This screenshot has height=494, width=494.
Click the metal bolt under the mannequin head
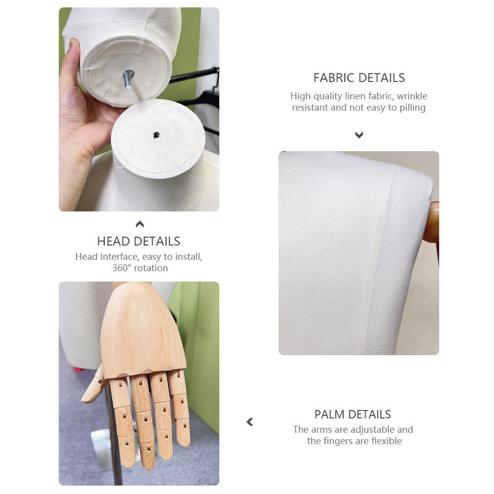(x=128, y=80)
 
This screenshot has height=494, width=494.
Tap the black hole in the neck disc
(x=157, y=135)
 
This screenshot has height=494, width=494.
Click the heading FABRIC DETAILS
(x=359, y=78)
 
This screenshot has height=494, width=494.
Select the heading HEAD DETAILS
(x=139, y=242)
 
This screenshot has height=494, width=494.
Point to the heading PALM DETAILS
(x=353, y=414)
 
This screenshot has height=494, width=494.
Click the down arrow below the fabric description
(x=359, y=135)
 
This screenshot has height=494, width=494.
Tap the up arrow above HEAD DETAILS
(x=140, y=224)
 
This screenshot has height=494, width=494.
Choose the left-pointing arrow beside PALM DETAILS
(x=250, y=422)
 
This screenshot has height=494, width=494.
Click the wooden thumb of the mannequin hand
(x=93, y=386)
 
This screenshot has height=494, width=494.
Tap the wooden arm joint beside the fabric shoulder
(x=433, y=222)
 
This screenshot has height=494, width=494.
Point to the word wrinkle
(x=412, y=96)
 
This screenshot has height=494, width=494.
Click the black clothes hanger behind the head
(x=199, y=94)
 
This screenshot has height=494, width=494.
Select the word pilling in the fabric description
(x=412, y=108)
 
